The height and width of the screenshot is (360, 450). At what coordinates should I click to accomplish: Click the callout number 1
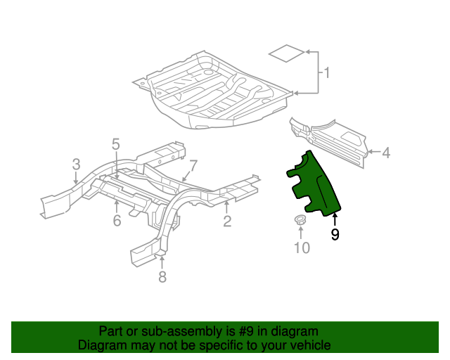tap(326, 72)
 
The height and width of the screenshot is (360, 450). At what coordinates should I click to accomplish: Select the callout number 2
tap(227, 222)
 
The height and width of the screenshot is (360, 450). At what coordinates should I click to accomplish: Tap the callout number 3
tap(76, 165)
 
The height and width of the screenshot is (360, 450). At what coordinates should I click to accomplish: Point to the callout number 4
tap(386, 151)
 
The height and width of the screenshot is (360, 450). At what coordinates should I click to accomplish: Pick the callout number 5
tap(116, 144)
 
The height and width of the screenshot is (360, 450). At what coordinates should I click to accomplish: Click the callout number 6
tap(117, 221)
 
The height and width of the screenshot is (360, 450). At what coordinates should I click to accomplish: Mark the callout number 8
tap(162, 277)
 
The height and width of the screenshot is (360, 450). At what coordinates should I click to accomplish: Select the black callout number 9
tap(335, 235)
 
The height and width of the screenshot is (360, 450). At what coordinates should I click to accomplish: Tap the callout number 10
tap(301, 247)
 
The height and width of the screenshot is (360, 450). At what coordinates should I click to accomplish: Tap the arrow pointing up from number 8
tap(162, 259)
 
